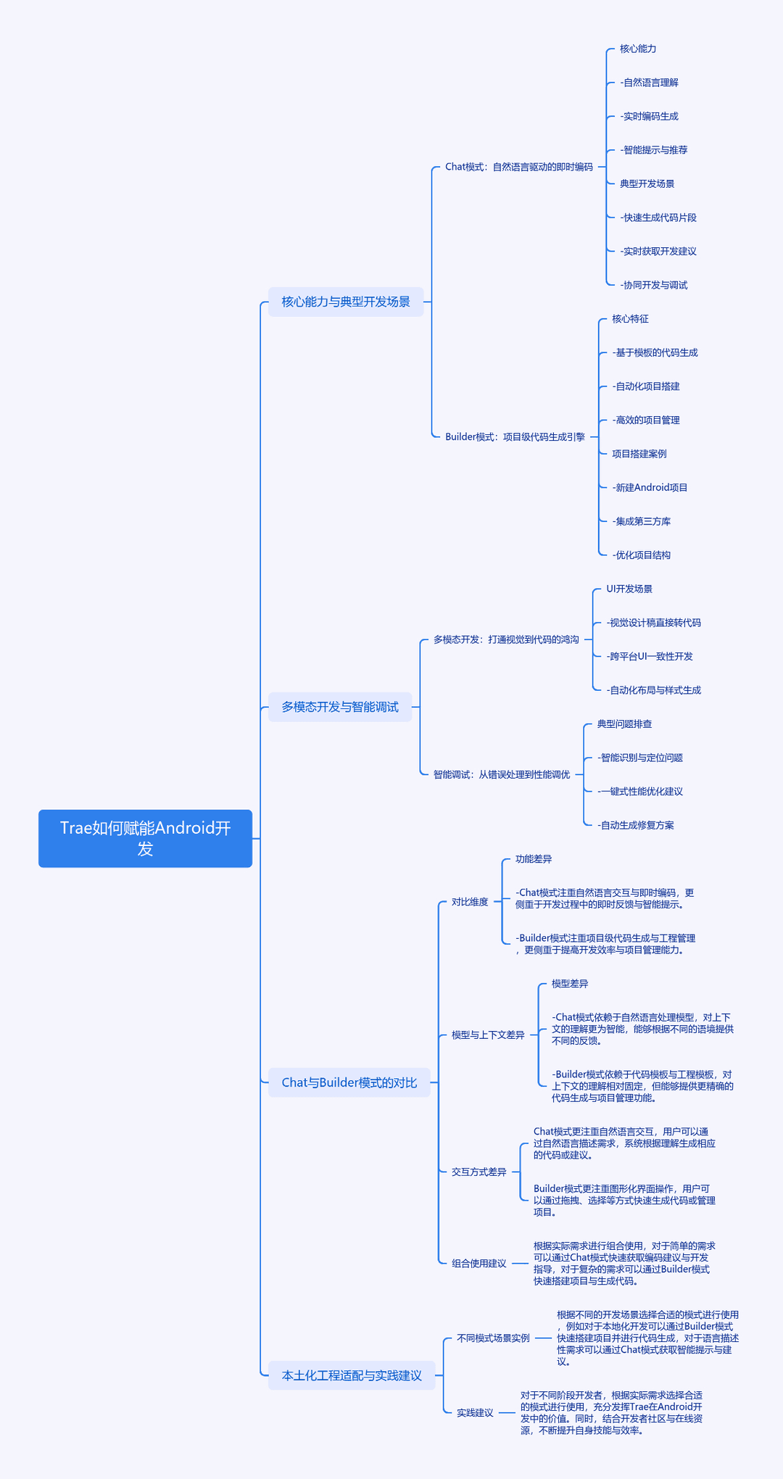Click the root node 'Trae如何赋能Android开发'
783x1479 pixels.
[x=145, y=838]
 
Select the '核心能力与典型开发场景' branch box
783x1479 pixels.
[x=346, y=302]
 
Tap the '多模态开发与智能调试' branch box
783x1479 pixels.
[x=340, y=707]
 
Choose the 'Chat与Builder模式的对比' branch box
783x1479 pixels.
[x=349, y=1082]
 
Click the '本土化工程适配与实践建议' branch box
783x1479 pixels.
[x=352, y=1375]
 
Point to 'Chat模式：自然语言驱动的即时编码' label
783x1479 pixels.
[x=519, y=167]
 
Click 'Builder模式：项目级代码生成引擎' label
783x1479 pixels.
[x=515, y=436]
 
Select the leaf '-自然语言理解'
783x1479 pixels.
[x=650, y=83]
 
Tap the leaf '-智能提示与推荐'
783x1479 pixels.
[x=654, y=150]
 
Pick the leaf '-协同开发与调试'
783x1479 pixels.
[x=654, y=285]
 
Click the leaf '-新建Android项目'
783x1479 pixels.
[x=650, y=487]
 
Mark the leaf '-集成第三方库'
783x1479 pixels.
[x=642, y=521]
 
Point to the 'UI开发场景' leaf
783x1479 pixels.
[x=629, y=589]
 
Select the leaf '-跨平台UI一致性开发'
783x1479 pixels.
[x=650, y=656]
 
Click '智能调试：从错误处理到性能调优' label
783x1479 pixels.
[x=502, y=774]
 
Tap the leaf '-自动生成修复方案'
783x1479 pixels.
[x=636, y=825]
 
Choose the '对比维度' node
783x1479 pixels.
[x=470, y=902]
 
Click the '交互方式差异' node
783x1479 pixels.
[x=479, y=1172]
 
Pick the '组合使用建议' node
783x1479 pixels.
[x=479, y=1263]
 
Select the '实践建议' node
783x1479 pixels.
[x=475, y=1412]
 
